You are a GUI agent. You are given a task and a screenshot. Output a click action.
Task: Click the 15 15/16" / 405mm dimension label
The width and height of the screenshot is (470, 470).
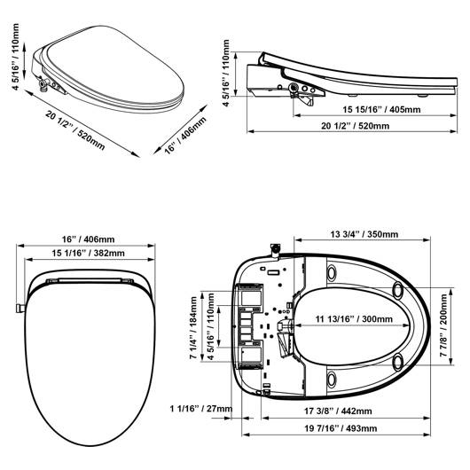(x=381, y=109)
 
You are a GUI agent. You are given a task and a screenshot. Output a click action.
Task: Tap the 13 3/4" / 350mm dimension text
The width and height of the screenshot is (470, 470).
(x=364, y=234)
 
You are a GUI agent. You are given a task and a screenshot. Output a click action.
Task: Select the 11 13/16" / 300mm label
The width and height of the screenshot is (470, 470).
(x=354, y=318)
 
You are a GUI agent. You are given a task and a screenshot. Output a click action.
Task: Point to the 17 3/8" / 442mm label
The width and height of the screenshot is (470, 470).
(x=338, y=411)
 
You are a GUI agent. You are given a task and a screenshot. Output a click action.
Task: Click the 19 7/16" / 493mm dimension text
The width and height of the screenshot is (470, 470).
(x=341, y=428)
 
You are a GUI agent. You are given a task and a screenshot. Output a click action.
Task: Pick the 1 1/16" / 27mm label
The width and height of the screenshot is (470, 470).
(x=200, y=409)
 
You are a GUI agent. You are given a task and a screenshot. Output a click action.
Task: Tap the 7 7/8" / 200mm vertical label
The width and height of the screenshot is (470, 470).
(x=443, y=325)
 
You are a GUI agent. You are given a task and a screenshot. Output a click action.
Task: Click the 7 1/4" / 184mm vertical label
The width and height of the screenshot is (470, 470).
(x=193, y=327)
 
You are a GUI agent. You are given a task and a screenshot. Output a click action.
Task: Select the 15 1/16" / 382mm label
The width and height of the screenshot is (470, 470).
(x=88, y=254)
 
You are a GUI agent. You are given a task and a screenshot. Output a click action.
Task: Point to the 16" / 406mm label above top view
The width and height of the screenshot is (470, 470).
(x=88, y=239)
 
